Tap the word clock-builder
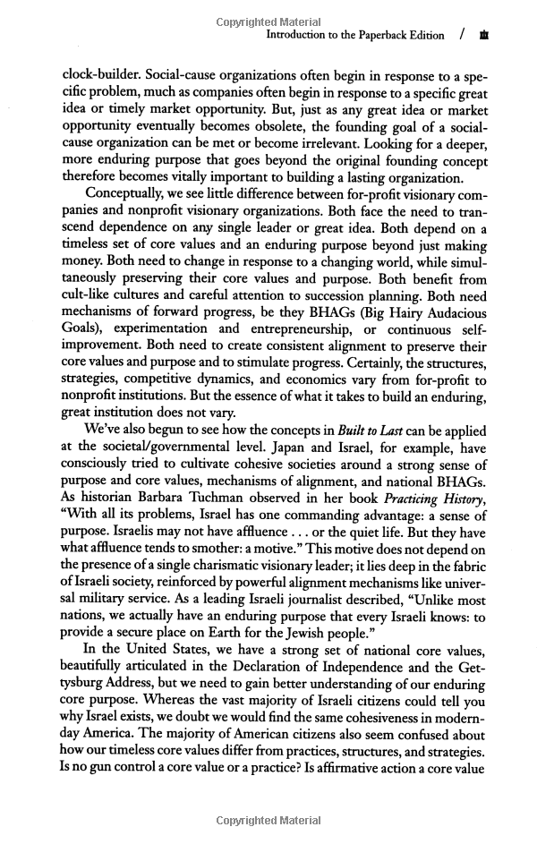[101, 78]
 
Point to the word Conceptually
[129, 196]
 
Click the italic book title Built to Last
[367, 431]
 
